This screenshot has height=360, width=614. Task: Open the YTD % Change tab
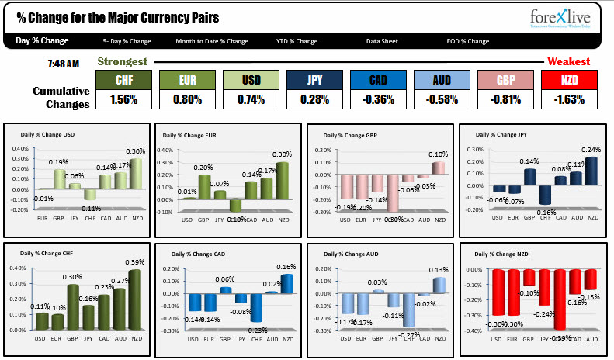[x=297, y=41]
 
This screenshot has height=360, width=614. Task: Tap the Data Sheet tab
[x=383, y=41]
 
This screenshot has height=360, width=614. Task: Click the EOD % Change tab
[x=467, y=41]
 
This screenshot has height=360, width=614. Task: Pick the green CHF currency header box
[x=123, y=80]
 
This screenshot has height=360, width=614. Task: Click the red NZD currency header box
[x=569, y=80]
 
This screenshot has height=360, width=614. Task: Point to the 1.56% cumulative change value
[x=123, y=99]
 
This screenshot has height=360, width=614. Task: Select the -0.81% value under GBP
[x=505, y=99]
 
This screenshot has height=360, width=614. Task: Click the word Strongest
[x=123, y=61]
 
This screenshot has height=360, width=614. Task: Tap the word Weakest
[x=568, y=61]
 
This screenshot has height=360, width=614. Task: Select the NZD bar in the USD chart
[x=135, y=174]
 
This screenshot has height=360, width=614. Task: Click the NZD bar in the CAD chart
[x=287, y=284]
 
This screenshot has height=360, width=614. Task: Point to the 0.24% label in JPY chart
[x=592, y=150]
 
